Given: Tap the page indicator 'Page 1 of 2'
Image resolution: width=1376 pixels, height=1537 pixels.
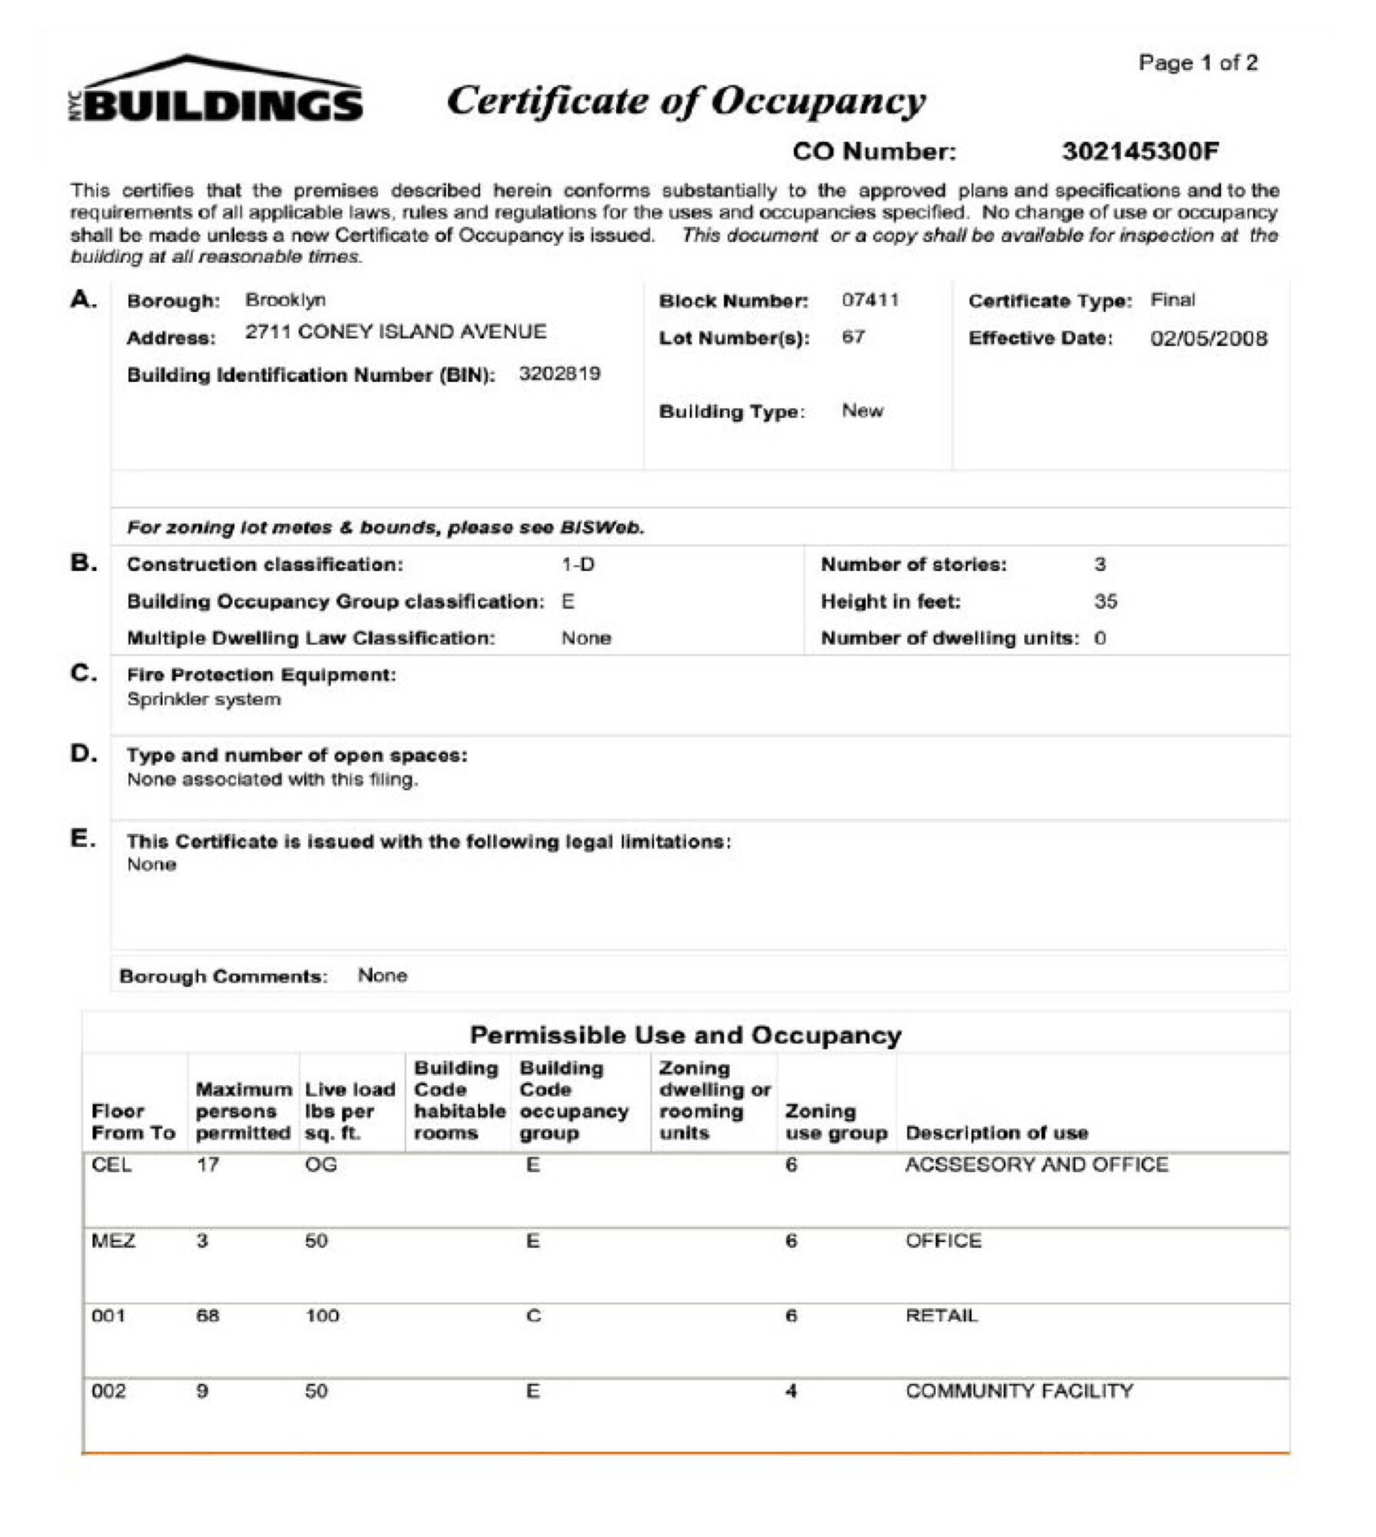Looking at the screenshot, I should pos(1198,63).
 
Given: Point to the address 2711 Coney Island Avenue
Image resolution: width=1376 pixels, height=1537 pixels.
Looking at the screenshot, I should pos(396,332).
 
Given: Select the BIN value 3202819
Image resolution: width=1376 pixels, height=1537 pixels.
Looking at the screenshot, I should pos(559,374).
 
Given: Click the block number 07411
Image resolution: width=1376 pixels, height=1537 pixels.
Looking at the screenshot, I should pos(870,300).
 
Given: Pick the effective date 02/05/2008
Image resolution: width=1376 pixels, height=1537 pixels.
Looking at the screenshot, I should pos(1209,338).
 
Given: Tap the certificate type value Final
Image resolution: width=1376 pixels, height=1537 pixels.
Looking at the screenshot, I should pos(1172,300).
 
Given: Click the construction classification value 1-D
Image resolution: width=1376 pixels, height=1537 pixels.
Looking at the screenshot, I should pos(578,565).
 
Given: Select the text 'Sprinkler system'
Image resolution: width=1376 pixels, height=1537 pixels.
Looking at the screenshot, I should pos(204,699).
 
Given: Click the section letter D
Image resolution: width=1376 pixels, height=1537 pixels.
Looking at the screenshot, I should pos(84,754).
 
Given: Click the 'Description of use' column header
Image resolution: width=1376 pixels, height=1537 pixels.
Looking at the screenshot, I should pos(996,1133).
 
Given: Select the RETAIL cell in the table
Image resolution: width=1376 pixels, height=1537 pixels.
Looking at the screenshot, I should pos(941,1316).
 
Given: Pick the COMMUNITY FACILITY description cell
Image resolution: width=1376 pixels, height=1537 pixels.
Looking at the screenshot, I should pos(1019,1391).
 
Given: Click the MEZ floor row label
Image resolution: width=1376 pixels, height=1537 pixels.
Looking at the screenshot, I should pos(113,1240).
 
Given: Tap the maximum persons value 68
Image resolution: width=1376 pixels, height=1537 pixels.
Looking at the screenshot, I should pos(207,1316).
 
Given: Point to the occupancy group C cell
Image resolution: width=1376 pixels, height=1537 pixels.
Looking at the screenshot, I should pos(533,1316).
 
